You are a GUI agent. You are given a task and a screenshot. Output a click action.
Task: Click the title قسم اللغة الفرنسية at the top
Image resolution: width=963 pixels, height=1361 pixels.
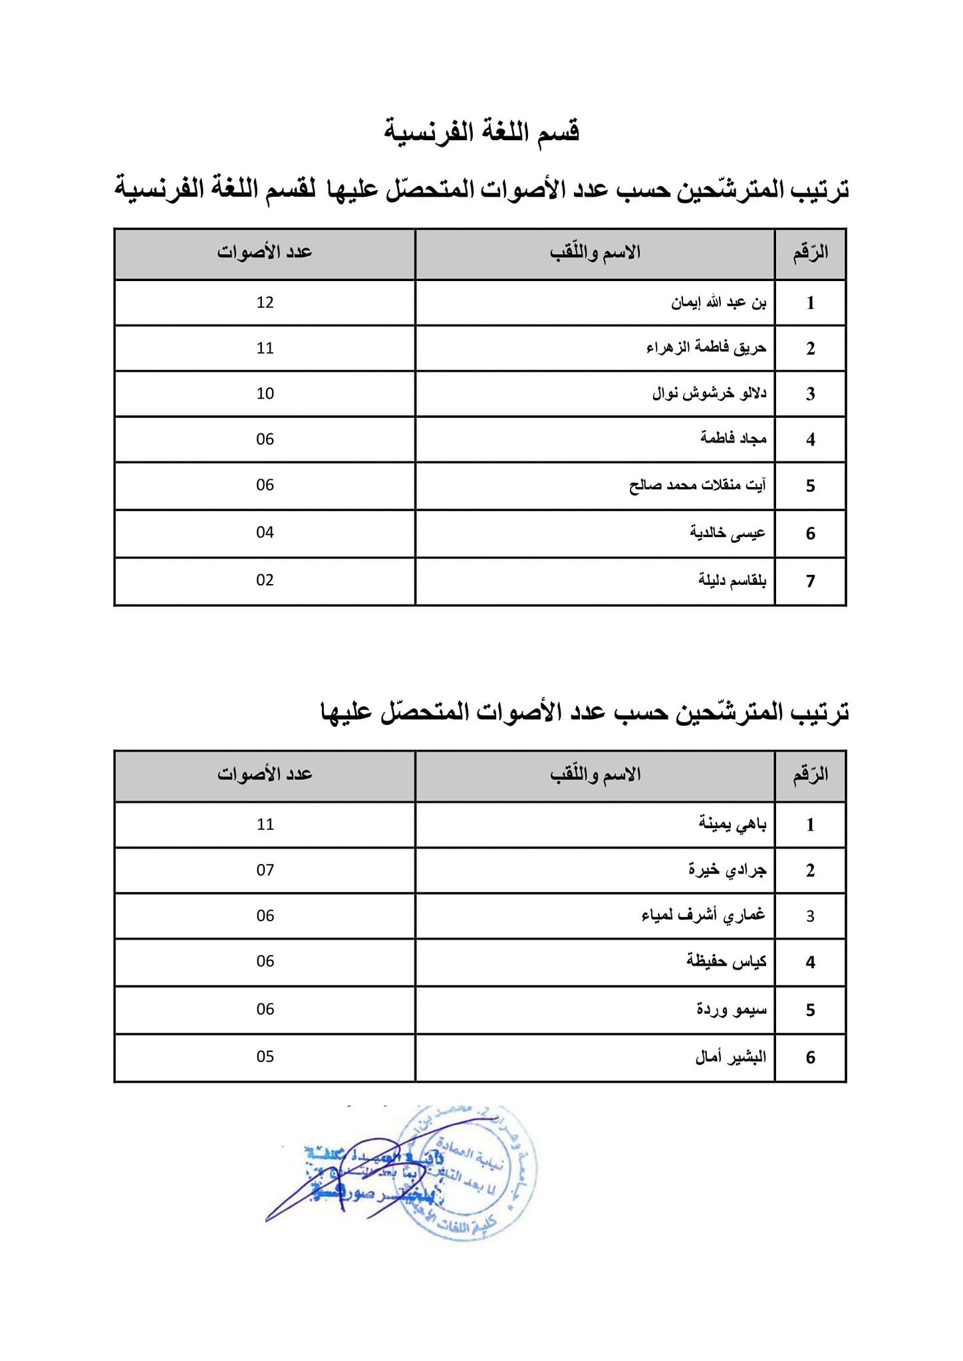click(x=481, y=131)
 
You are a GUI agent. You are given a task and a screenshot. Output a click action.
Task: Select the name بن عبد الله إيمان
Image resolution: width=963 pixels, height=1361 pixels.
click(x=718, y=303)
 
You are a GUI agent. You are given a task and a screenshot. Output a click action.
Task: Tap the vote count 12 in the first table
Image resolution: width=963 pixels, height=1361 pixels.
click(x=265, y=302)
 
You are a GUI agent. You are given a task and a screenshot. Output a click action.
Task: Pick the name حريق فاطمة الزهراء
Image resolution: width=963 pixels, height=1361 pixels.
click(x=706, y=348)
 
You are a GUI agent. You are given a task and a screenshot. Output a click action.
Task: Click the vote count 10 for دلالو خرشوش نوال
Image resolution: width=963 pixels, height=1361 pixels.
click(x=265, y=393)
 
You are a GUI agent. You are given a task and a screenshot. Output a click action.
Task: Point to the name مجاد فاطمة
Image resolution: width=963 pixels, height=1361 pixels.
click(x=733, y=439)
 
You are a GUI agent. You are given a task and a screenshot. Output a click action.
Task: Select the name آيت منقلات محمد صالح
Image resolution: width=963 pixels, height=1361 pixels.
click(x=697, y=485)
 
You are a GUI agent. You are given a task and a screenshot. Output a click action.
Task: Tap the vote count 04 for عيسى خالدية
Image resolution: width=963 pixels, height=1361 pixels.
click(x=265, y=532)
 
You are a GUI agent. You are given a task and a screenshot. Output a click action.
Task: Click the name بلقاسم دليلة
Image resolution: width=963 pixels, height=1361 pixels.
click(x=732, y=581)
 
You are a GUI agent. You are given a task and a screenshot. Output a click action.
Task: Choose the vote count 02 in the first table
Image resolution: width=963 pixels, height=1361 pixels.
click(x=265, y=580)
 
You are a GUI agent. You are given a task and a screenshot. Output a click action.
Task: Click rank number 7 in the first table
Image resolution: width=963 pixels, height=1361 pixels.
click(x=810, y=581)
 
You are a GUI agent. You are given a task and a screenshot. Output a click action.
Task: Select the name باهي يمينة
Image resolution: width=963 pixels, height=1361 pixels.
click(x=732, y=825)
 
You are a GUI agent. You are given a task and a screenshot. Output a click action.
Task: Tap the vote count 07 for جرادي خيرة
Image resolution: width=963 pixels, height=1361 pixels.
click(x=265, y=870)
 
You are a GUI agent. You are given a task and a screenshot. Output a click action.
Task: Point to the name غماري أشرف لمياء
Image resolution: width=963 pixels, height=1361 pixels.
click(x=703, y=916)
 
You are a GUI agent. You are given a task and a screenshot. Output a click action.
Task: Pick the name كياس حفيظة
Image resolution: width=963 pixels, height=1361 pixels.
click(x=726, y=962)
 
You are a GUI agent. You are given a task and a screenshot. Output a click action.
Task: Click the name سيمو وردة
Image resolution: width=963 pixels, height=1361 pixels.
click(x=732, y=1010)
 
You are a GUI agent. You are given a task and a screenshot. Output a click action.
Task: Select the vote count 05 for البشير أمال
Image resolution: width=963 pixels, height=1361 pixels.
click(x=265, y=1057)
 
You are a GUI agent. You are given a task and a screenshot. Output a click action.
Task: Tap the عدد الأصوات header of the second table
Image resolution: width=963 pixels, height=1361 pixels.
click(x=265, y=774)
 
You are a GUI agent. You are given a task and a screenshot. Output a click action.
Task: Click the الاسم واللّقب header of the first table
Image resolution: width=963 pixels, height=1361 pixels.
click(x=595, y=253)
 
